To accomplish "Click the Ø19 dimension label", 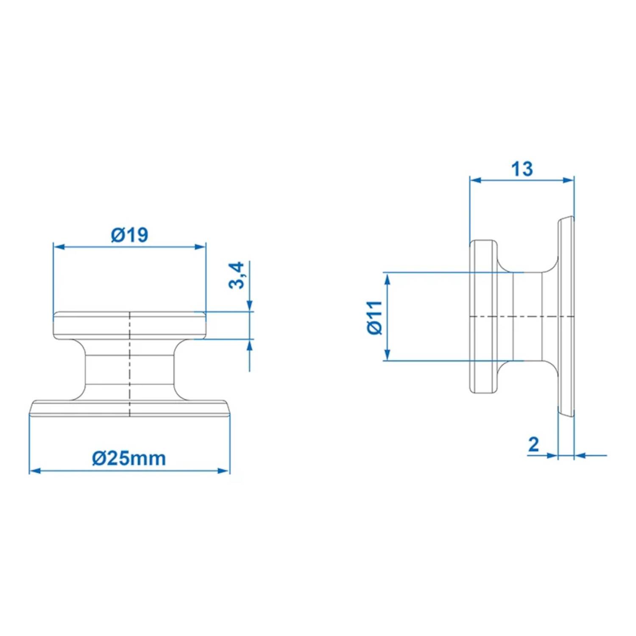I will click(x=130, y=235).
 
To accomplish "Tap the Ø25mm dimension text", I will click(x=129, y=458).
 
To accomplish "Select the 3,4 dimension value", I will click(x=237, y=275).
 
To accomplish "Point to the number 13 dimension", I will click(x=522, y=169).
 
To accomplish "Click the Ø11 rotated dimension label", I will click(x=375, y=318).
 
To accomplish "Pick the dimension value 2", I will click(x=533, y=444).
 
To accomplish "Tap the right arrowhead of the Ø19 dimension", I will click(x=201, y=247).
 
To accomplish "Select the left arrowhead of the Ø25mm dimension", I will click(x=35, y=471).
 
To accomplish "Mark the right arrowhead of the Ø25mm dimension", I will click(x=224, y=471).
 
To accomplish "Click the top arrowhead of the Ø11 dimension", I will click(x=387, y=279).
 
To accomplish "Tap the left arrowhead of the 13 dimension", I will click(x=476, y=180).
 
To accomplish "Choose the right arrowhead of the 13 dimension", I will click(x=568, y=180).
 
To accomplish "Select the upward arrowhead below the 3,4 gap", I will click(x=249, y=345).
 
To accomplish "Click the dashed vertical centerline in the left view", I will click(x=130, y=365).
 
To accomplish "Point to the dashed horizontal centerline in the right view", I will click(x=522, y=316).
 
